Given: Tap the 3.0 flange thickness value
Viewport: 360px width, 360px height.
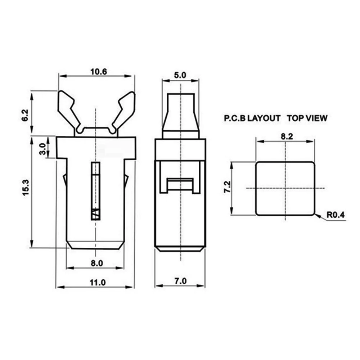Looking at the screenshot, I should coord(42,149).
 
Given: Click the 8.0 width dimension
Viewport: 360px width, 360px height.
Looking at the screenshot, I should coord(96,263).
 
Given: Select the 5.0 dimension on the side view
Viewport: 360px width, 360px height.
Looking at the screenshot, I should coord(180,75).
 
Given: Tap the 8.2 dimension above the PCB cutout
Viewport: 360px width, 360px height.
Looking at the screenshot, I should coord(285,136).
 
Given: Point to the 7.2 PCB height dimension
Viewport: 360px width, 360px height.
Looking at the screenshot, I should coord(227,188).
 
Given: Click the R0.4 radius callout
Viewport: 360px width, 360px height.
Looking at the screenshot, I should coord(336,216).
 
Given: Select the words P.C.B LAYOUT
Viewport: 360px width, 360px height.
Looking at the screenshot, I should coord(252,118).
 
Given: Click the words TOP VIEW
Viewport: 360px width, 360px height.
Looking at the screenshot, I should coord(307,118).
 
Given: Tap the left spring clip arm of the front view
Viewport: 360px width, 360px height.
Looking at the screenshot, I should coord(69,108).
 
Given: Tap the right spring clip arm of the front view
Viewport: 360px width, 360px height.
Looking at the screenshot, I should coord(124,108).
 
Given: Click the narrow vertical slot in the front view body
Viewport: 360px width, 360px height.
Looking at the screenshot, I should coord(95,191).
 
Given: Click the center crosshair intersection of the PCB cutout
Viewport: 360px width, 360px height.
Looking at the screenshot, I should coord(285,188).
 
